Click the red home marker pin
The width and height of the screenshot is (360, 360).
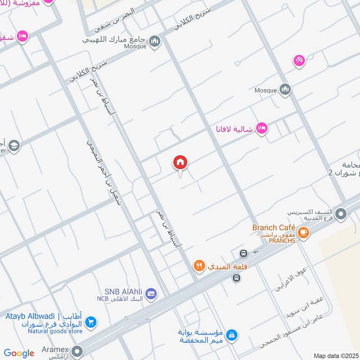pos(180,162)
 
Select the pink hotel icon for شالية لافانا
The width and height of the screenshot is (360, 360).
pos(261,129)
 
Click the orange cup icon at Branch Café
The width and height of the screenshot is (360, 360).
pos(304,232)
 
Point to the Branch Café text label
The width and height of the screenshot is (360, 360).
pos(274,227)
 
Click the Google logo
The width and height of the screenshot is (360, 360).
pos(19,353)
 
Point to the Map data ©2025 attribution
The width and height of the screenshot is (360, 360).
pos(335,355)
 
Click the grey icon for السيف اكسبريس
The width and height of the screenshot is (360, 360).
pos(342,214)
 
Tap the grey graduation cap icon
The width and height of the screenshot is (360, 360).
pos(14,145)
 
